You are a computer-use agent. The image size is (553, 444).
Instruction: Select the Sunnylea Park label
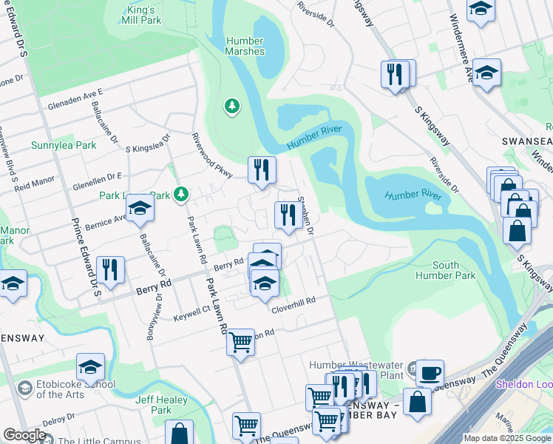[x=63, y=145]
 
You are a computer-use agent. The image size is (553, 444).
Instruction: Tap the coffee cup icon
[x=430, y=372]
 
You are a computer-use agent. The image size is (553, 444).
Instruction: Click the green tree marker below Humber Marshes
[x=232, y=107]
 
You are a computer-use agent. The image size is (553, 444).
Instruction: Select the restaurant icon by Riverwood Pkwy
[x=261, y=170]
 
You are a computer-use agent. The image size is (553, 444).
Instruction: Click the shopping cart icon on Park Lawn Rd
[x=240, y=342]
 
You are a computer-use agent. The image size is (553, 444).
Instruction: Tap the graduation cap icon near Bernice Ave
[x=139, y=209]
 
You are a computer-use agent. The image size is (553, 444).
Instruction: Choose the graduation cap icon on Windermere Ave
[x=486, y=73]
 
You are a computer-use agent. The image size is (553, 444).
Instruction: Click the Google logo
[x=25, y=435]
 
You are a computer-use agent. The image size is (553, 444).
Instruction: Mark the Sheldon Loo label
[x=523, y=384]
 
